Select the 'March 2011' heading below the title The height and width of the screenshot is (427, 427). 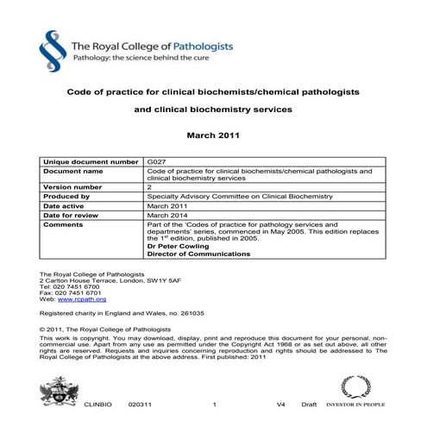[213, 136]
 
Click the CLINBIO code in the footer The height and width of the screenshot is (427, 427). [97, 404]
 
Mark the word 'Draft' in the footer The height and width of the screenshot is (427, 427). [308, 404]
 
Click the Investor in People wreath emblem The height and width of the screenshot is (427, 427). [355, 386]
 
